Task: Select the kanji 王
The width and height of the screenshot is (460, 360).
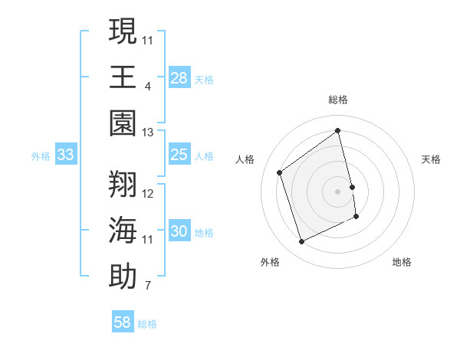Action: tap(123, 77)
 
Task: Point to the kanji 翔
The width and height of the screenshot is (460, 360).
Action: tap(123, 183)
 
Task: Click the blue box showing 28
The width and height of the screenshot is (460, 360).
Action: tap(179, 77)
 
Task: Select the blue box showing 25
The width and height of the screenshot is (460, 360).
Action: tap(179, 155)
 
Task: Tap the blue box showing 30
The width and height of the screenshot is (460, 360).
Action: tap(179, 232)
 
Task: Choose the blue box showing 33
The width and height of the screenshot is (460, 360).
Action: tap(66, 155)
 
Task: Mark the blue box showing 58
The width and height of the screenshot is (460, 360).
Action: tap(123, 322)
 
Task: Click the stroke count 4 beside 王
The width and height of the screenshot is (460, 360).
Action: tap(147, 86)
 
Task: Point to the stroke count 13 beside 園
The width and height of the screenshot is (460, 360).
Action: tap(148, 133)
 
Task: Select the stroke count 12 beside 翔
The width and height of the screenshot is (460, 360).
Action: tap(148, 193)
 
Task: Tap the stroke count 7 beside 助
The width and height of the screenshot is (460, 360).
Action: tap(147, 286)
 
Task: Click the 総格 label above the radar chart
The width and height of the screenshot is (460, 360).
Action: tap(338, 100)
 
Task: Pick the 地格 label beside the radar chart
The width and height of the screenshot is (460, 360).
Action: tap(402, 262)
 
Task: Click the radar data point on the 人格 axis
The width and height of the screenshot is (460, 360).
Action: tap(280, 172)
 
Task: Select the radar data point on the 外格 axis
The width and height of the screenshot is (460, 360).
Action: tap(301, 242)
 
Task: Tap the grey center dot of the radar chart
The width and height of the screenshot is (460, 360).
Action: tap(338, 191)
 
